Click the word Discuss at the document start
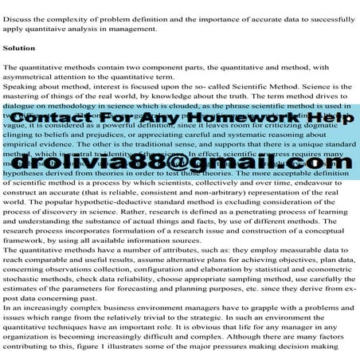(17, 18)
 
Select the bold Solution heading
(19, 49)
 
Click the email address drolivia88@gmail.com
(180, 162)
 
